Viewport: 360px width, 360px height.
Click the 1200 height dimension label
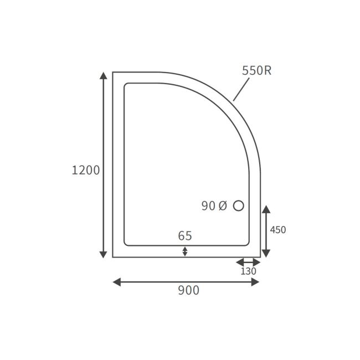point(86,170)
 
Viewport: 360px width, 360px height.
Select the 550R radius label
point(256,70)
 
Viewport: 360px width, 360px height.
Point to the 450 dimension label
point(277,230)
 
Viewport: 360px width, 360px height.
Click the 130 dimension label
point(248,271)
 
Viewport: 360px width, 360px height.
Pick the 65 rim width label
point(185,236)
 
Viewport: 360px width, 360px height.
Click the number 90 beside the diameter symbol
point(208,206)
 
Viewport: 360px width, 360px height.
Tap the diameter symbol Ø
point(222,206)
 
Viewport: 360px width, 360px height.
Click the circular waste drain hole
point(239,205)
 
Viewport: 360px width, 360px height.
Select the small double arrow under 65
point(185,251)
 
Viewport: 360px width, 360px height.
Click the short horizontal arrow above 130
point(248,262)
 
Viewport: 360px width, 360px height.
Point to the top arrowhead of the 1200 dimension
point(103,76)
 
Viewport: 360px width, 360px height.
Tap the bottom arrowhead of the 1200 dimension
point(103,254)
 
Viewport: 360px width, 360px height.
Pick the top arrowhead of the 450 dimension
point(266,209)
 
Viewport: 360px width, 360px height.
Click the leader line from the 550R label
point(241,89)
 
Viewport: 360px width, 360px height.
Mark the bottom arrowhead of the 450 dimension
point(266,253)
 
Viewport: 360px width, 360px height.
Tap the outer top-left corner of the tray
point(113,73)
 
